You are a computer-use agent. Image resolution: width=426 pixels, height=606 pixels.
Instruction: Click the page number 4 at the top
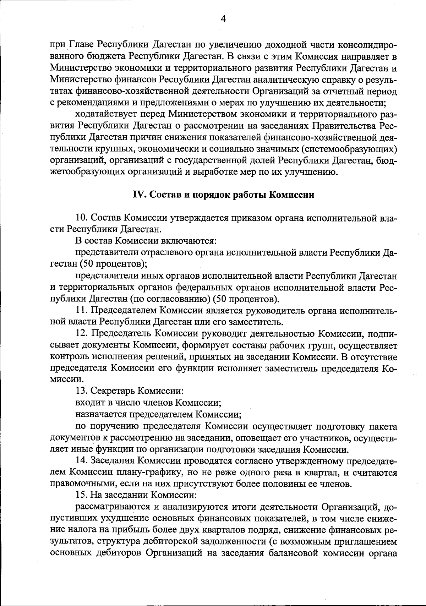pos(223,19)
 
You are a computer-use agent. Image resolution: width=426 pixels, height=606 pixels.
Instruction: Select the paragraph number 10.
pos(82,218)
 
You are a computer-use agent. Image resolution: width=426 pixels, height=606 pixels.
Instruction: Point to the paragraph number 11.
pos(82,310)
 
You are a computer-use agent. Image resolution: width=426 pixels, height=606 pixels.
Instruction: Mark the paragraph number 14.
pos(82,461)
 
